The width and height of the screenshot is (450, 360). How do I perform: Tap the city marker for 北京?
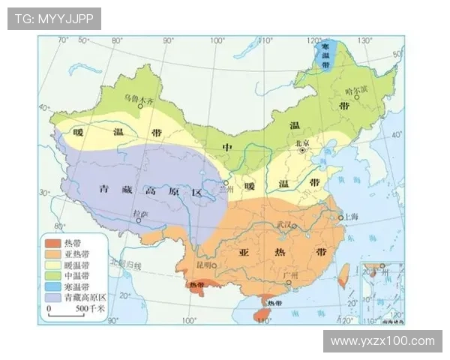(x=302, y=151)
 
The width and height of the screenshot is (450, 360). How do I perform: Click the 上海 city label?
(x=352, y=217)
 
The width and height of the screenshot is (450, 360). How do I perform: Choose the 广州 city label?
(x=290, y=276)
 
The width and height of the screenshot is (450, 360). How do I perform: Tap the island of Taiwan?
(x=343, y=274)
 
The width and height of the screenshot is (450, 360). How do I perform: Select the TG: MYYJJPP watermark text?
(x=53, y=18)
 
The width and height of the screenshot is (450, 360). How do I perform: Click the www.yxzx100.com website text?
(x=382, y=341)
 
